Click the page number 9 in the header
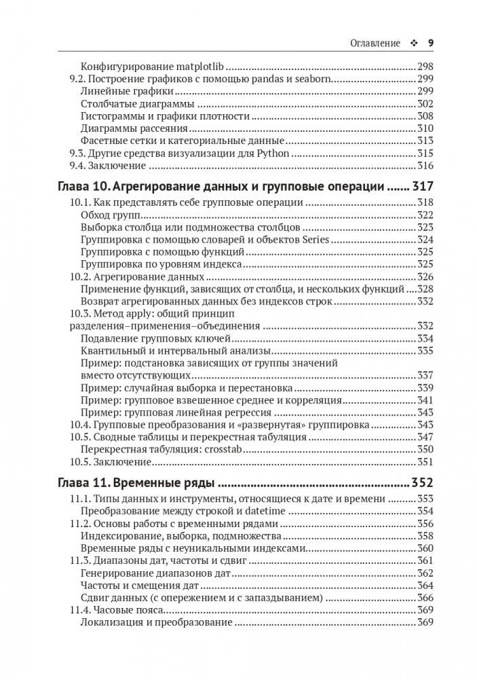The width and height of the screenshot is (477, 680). tap(430, 42)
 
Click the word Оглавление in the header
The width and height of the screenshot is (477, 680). tap(374, 42)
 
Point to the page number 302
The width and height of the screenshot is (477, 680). tap(425, 104)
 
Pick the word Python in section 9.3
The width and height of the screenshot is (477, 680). tap(275, 154)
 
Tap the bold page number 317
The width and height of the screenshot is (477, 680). tap(420, 186)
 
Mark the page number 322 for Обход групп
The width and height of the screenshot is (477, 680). tap(425, 215)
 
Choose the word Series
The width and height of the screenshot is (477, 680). tap(315, 240)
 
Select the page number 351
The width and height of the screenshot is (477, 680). tap(425, 461)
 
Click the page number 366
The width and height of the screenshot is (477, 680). tap(425, 598)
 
